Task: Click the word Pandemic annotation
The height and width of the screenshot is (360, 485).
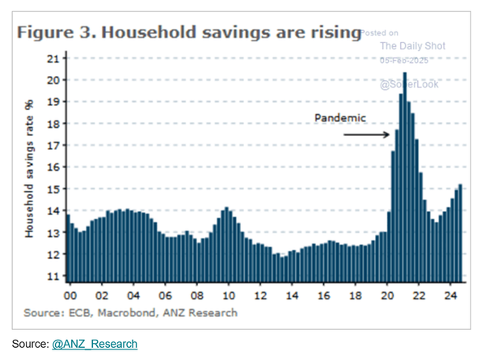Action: (340, 117)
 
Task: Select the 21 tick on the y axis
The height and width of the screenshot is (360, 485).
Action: (53, 58)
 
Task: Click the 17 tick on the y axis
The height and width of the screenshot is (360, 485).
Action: (53, 146)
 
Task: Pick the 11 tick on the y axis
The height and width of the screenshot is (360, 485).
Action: (53, 276)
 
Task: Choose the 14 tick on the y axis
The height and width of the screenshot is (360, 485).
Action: (53, 210)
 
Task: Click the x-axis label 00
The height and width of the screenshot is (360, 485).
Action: (70, 294)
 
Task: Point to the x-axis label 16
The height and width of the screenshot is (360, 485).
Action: (323, 294)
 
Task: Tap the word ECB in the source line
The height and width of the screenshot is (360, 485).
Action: (84, 312)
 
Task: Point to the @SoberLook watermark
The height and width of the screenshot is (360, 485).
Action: (411, 84)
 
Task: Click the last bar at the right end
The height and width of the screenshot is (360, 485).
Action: (460, 231)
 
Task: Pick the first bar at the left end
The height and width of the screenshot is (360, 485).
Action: (67, 248)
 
